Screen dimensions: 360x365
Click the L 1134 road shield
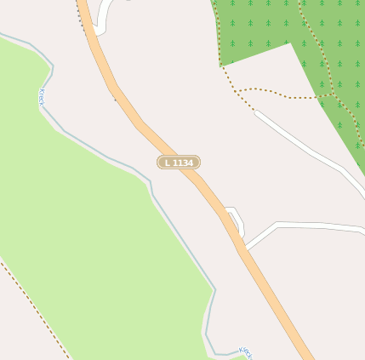[x=179, y=163]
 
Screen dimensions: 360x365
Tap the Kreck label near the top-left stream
[x=41, y=97]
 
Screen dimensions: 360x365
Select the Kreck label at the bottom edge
[x=246, y=351]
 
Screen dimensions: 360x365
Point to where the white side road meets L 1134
[x=245, y=248]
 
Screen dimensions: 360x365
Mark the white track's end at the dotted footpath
[x=254, y=110]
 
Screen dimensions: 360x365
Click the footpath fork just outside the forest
[x=236, y=91]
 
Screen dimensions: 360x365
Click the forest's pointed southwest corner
[x=221, y=65]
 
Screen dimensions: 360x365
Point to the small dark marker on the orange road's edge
[x=115, y=100]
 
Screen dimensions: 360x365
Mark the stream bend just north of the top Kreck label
[x=52, y=66]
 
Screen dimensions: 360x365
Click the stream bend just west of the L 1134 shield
[x=151, y=181]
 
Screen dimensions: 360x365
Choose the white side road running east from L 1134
[x=315, y=226]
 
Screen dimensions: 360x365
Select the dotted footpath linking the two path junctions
[x=281, y=93]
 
